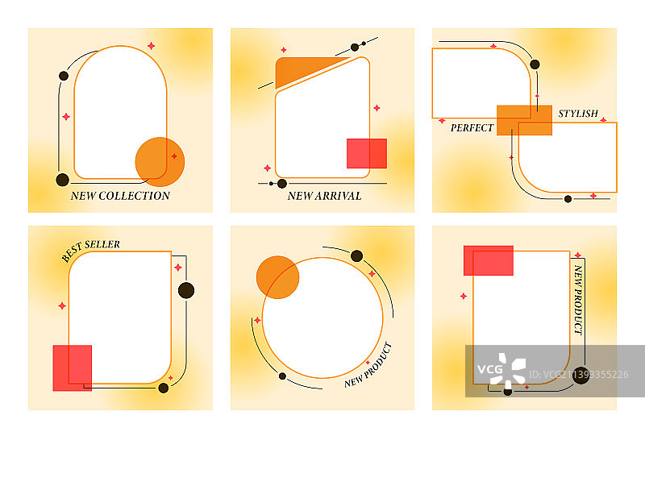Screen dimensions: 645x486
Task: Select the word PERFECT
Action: [472, 128]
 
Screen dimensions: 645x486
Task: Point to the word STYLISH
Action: [578, 114]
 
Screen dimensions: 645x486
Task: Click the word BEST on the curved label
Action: [72, 252]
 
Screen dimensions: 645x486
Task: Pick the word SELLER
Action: [102, 245]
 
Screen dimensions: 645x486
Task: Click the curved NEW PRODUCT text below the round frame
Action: [368, 366]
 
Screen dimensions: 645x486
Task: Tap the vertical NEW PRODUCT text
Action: [578, 299]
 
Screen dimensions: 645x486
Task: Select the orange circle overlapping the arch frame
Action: [160, 161]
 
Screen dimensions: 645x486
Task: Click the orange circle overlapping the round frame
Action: [277, 277]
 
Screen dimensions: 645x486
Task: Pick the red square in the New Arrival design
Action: [367, 153]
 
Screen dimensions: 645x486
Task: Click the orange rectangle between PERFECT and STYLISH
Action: [525, 120]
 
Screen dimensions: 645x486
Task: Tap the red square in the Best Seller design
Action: [73, 368]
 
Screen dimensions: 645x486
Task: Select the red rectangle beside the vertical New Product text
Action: [489, 260]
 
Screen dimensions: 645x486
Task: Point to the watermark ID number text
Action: [579, 375]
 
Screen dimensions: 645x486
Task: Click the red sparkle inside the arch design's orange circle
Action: [174, 156]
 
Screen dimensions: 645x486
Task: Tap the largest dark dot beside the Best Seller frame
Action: [186, 290]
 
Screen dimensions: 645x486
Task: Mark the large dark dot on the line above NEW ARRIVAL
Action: [282, 184]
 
